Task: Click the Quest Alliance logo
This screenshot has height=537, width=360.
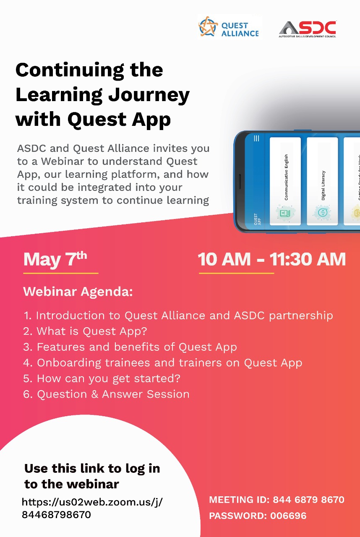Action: click(x=229, y=28)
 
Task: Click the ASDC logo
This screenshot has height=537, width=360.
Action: click(x=308, y=29)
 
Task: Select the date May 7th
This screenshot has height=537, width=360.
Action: click(x=55, y=259)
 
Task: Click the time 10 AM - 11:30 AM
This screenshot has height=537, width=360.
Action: click(x=272, y=259)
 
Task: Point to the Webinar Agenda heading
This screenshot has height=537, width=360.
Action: click(x=78, y=292)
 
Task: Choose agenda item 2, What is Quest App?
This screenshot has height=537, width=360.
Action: click(x=85, y=331)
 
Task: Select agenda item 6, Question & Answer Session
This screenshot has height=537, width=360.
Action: click(x=107, y=394)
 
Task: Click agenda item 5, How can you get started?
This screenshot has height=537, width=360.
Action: click(x=102, y=378)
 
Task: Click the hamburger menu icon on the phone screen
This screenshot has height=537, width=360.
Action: click(x=256, y=138)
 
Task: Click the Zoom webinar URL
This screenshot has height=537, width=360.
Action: click(x=92, y=508)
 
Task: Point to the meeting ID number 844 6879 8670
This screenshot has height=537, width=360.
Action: click(x=308, y=500)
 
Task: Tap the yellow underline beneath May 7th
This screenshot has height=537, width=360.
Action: click(x=60, y=273)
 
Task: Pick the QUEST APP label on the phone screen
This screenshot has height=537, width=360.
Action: click(x=256, y=219)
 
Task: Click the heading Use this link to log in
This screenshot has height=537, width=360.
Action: click(x=92, y=469)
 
